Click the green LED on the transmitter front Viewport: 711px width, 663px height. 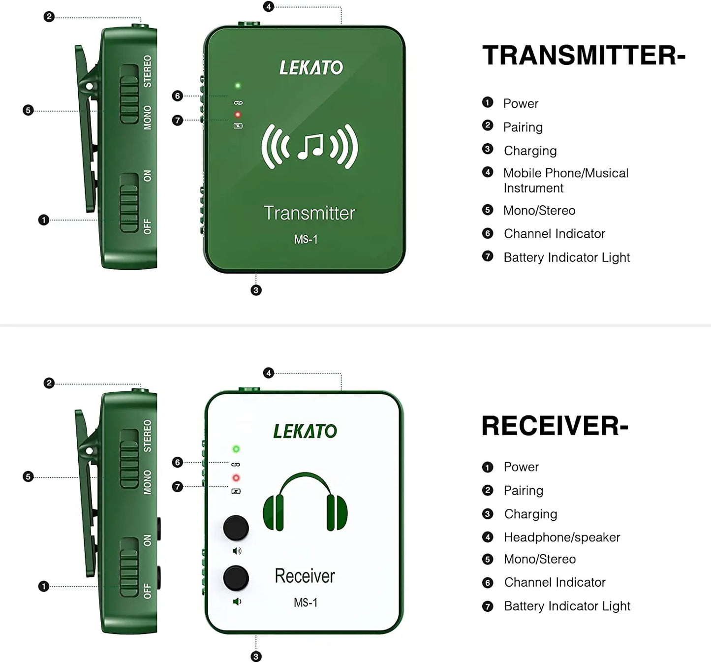coord(238,86)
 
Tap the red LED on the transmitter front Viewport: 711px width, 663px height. coord(238,115)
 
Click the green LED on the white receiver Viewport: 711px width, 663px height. coord(236,449)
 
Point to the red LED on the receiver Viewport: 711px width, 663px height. coord(236,478)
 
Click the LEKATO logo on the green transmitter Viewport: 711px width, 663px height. coord(311,67)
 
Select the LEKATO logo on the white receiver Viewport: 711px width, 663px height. coord(305,431)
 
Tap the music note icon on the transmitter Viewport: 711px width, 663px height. coord(310,147)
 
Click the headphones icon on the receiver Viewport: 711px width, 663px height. coord(306,502)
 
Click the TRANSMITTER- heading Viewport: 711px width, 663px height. coord(584,56)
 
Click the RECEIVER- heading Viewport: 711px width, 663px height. coord(555,426)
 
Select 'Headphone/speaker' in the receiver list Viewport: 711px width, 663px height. coord(562,537)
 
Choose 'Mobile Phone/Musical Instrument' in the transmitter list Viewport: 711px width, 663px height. coord(566,181)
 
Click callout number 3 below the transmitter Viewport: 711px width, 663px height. coord(256,290)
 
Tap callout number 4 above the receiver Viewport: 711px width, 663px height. coord(269,373)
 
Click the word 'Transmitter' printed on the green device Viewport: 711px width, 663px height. coord(309,213)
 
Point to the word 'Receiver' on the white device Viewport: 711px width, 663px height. coord(305,576)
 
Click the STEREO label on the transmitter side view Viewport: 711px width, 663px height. coord(148,71)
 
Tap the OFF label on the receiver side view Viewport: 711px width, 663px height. coord(147,591)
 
